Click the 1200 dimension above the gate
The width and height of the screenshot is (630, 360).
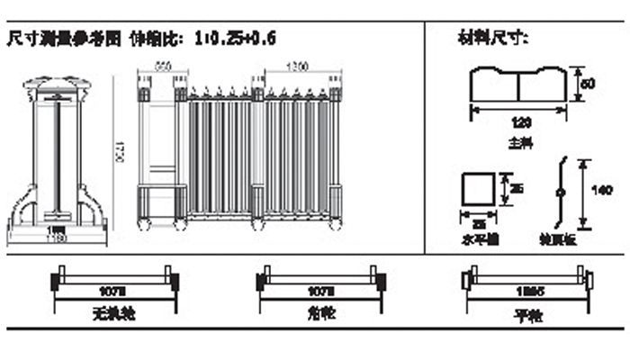[x=298, y=66]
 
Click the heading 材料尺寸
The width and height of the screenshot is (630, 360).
[x=492, y=39]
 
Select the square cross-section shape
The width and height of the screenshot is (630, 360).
[x=478, y=190]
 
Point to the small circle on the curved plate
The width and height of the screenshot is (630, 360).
[x=561, y=193]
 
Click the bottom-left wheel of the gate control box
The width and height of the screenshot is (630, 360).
[x=140, y=222]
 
